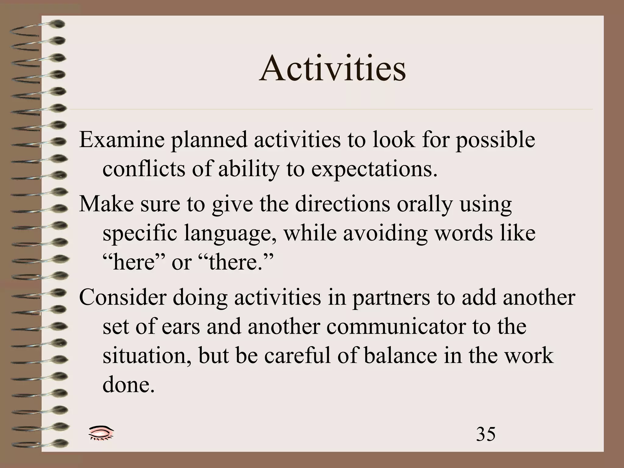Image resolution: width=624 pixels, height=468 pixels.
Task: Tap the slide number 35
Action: (x=486, y=434)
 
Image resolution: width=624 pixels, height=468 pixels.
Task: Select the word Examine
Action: (x=121, y=140)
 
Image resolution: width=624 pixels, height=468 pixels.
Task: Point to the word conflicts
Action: (x=144, y=169)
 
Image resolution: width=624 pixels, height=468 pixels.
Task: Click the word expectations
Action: (x=374, y=170)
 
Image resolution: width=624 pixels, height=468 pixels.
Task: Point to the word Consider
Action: (x=122, y=297)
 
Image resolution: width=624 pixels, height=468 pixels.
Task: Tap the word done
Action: (x=129, y=385)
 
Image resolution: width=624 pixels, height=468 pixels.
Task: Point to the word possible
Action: (x=495, y=140)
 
